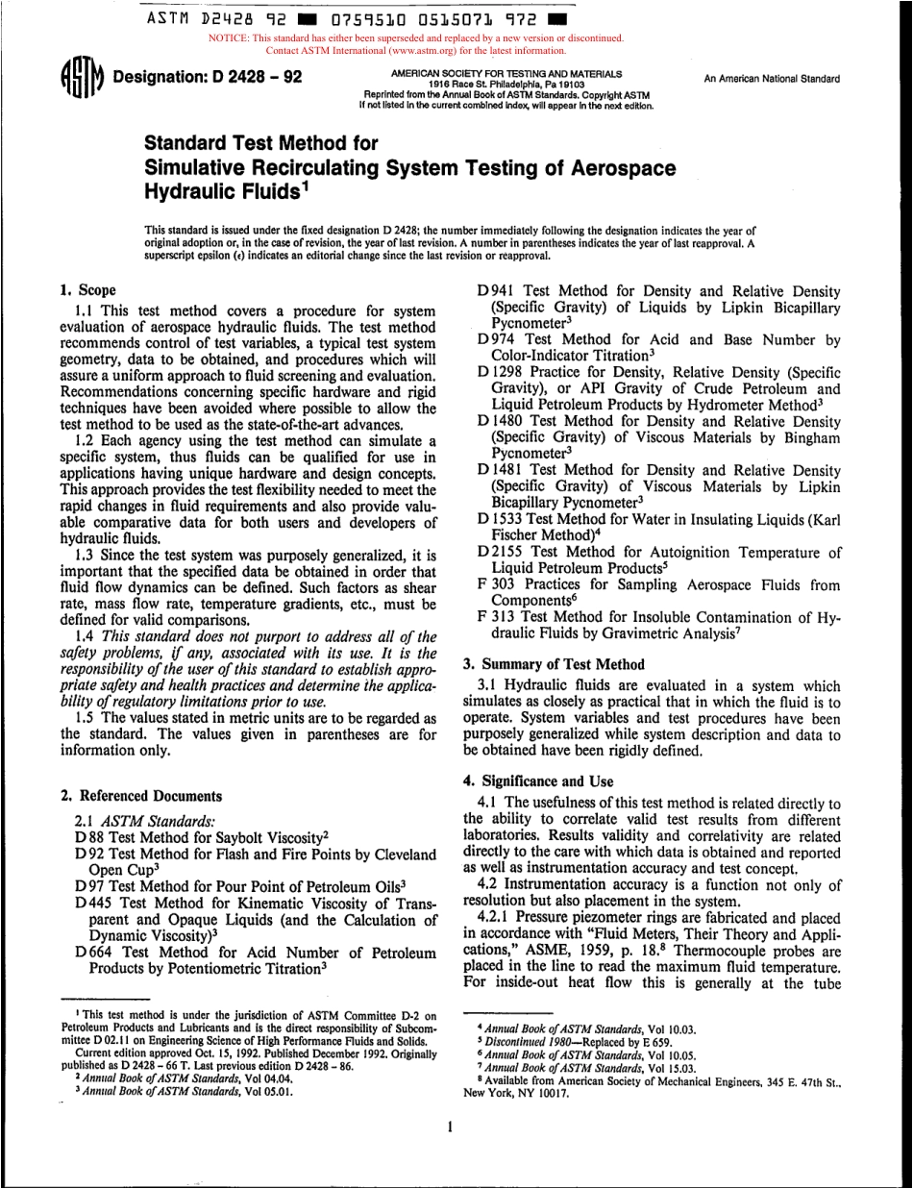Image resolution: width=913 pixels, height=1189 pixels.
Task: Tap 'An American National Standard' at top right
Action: [x=772, y=80]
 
